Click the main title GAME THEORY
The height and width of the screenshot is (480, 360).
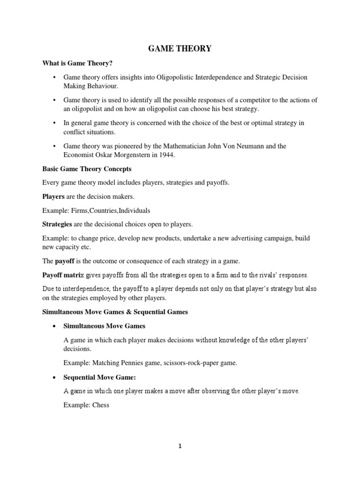pyautogui.click(x=180, y=48)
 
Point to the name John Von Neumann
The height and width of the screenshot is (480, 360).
pyautogui.click(x=224, y=146)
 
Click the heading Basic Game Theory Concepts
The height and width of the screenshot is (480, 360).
pyautogui.click(x=87, y=169)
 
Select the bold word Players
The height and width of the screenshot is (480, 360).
pyautogui.click(x=53, y=196)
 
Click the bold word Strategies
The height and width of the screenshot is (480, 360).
pyautogui.click(x=57, y=224)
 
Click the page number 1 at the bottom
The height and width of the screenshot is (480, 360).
pyautogui.click(x=180, y=446)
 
